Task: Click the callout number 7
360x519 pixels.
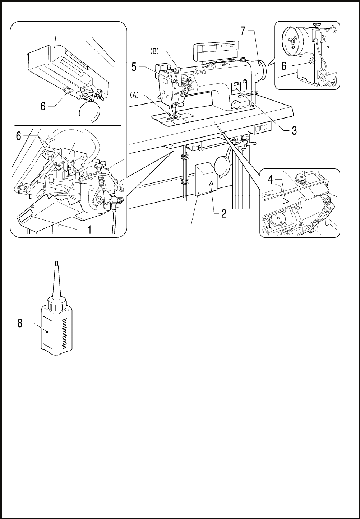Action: coord(243,31)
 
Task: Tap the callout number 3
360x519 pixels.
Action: coord(294,130)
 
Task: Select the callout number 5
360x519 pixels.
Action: coord(134,67)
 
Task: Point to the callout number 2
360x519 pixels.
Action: coord(224,213)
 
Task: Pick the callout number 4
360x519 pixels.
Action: coord(271,180)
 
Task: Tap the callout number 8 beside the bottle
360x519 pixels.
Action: coord(20,323)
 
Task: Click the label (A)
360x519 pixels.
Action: coord(134,95)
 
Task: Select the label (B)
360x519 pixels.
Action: coord(154,51)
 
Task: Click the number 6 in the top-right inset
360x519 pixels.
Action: coord(284,66)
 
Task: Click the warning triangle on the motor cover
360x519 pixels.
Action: coord(211,184)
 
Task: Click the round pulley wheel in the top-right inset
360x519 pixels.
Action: coord(292,41)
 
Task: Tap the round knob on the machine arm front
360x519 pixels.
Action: coord(236,105)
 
